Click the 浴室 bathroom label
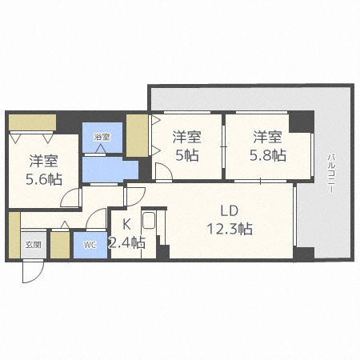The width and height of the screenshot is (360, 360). click(x=102, y=137)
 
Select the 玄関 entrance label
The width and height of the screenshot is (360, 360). click(x=32, y=246)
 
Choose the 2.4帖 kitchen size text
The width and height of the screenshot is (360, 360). click(x=128, y=242)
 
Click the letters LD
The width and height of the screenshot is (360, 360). click(x=230, y=211)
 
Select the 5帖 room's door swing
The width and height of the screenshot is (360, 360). click(x=162, y=172)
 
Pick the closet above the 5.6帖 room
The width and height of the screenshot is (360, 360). click(x=32, y=122)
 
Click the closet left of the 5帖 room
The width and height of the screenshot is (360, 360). click(x=137, y=136)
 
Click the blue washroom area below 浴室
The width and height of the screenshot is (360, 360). click(x=104, y=169)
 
